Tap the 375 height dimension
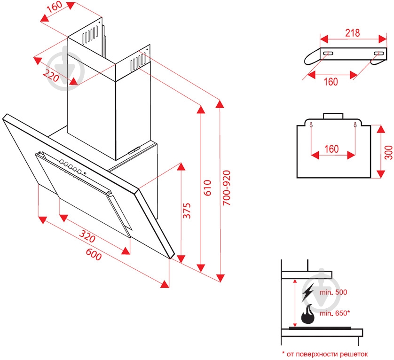187,211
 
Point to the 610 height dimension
209,188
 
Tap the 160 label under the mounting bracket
331,82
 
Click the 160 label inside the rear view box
331,149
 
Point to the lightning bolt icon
307,293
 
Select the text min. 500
333,292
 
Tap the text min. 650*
335,313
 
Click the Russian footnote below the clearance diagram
324,353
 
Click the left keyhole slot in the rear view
311,125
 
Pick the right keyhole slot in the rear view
354,125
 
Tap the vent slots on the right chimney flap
136,62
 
